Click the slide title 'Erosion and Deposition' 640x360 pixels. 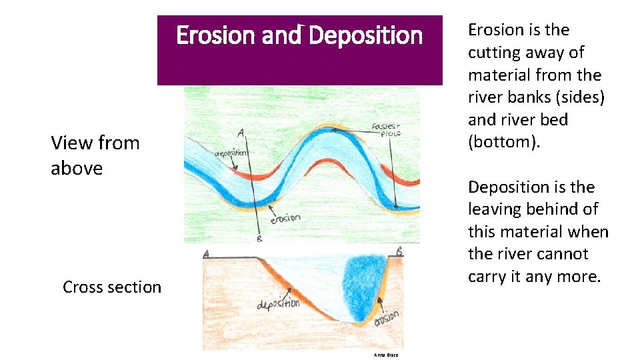point(299,35)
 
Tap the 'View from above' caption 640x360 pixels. point(95,155)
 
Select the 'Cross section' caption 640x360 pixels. point(112,287)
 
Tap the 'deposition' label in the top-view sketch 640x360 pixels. point(231,152)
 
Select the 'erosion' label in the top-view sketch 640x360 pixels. point(285,219)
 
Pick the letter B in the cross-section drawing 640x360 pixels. point(399,252)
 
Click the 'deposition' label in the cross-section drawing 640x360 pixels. point(278,305)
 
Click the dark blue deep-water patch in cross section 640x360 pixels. point(365,281)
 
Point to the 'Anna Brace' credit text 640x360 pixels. point(387,355)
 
